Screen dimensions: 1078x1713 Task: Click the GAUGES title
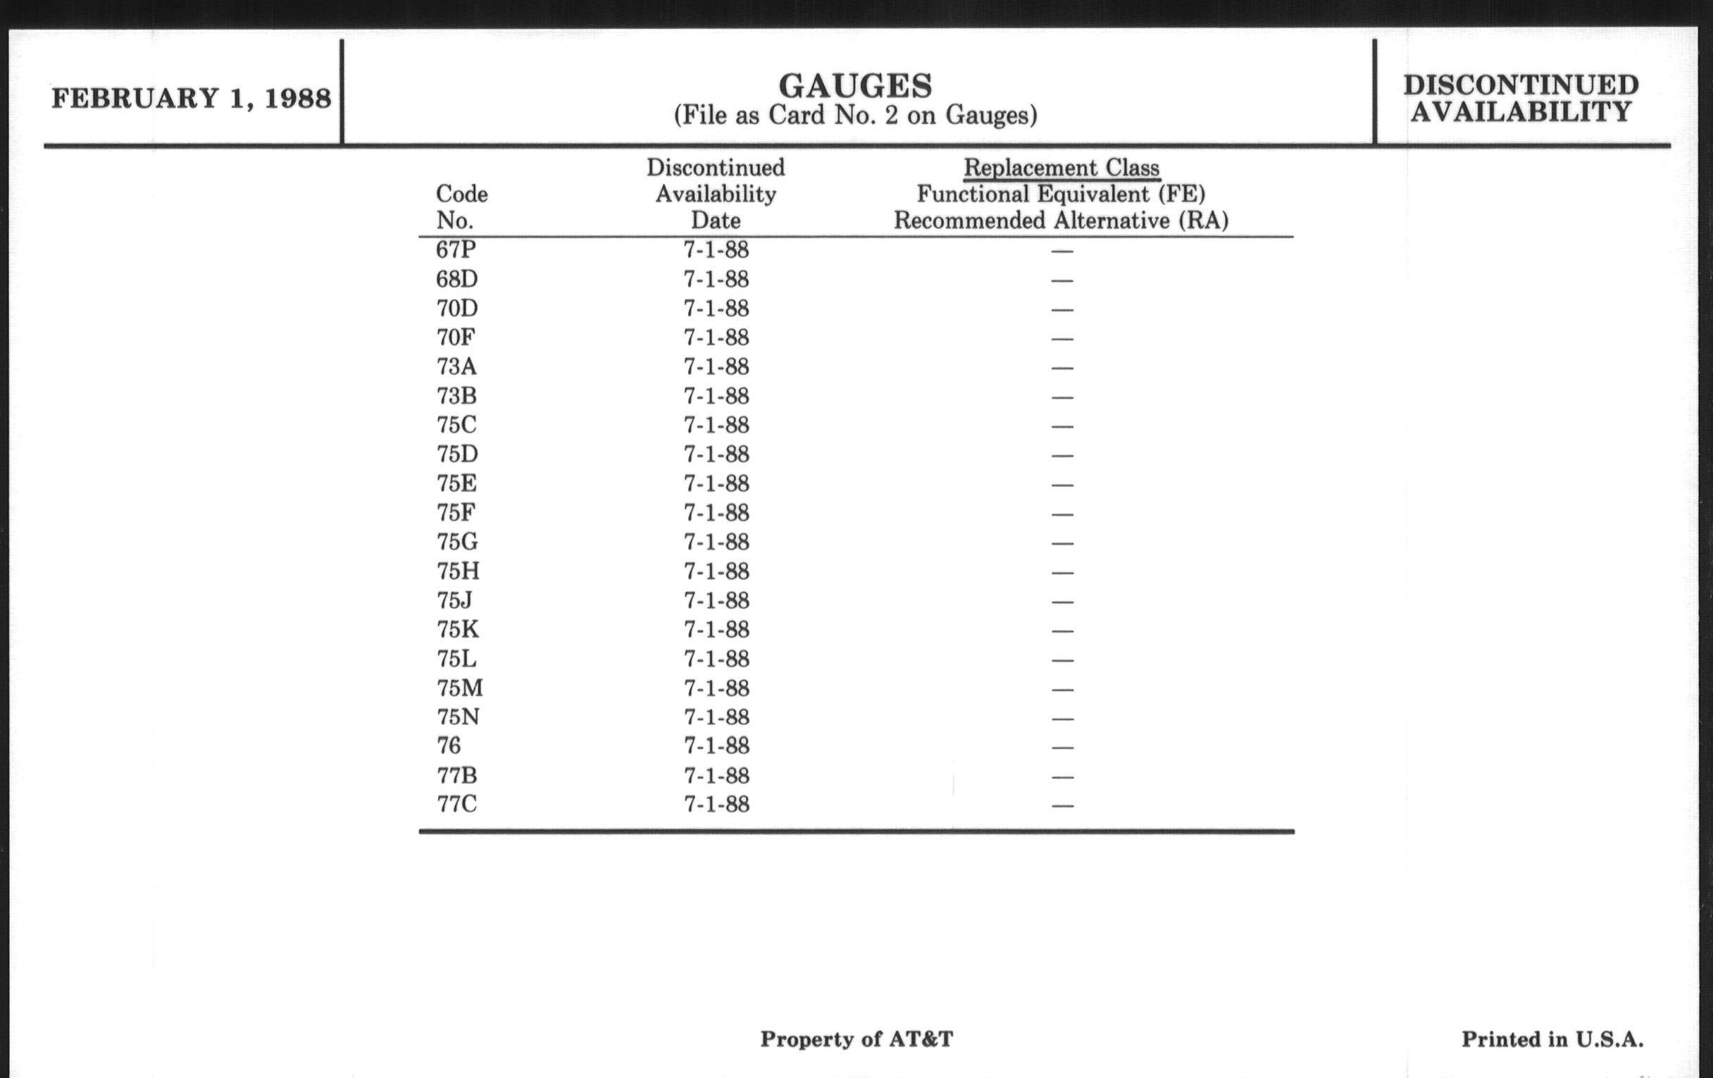click(x=855, y=86)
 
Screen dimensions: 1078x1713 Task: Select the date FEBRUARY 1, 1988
click(x=191, y=98)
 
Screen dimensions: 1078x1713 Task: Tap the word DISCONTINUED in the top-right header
click(x=1521, y=85)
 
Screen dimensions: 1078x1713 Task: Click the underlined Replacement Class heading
click(x=1061, y=168)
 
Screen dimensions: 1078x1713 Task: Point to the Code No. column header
click(x=461, y=207)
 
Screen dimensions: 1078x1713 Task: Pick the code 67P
click(x=455, y=249)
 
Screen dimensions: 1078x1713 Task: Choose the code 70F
click(x=455, y=337)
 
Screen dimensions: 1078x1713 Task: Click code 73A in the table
click(x=456, y=366)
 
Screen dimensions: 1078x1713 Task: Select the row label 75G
click(x=456, y=543)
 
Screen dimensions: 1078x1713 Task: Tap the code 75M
click(x=459, y=688)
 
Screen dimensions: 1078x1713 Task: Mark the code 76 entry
click(x=449, y=745)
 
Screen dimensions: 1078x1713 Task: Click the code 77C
click(x=456, y=804)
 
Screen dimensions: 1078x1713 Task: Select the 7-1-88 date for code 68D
click(x=716, y=280)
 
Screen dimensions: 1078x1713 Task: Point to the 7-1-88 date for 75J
click(x=716, y=601)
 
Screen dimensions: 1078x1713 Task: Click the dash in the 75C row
click(x=1062, y=426)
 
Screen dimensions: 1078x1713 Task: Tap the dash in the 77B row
click(x=1062, y=776)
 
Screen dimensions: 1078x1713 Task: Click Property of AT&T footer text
click(x=856, y=1039)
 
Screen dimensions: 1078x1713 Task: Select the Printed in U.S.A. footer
click(x=1552, y=1039)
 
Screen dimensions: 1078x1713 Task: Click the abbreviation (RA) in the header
click(x=1203, y=221)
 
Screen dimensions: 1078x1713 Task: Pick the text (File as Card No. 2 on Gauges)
click(x=855, y=116)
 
